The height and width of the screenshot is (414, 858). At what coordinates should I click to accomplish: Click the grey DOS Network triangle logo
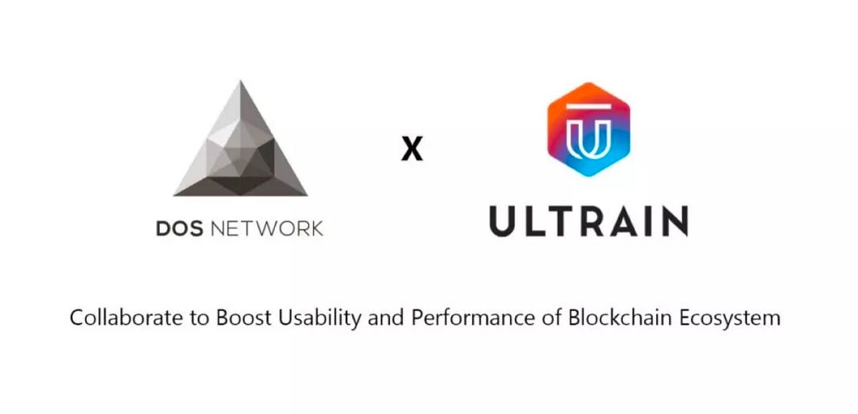pyautogui.click(x=240, y=148)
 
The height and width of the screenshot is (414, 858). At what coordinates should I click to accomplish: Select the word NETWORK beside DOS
pyautogui.click(x=266, y=228)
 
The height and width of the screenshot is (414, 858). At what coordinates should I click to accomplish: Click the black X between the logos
pyautogui.click(x=412, y=150)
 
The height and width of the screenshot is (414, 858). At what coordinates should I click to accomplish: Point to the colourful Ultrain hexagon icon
pyautogui.click(x=588, y=129)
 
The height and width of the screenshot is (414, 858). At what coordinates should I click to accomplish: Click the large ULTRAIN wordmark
pyautogui.click(x=588, y=220)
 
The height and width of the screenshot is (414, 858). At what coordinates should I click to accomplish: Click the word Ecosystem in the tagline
pyautogui.click(x=729, y=318)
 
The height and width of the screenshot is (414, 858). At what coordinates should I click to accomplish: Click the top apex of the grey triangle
pyautogui.click(x=240, y=84)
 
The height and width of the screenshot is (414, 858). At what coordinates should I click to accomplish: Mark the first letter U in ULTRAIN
pyautogui.click(x=505, y=220)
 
